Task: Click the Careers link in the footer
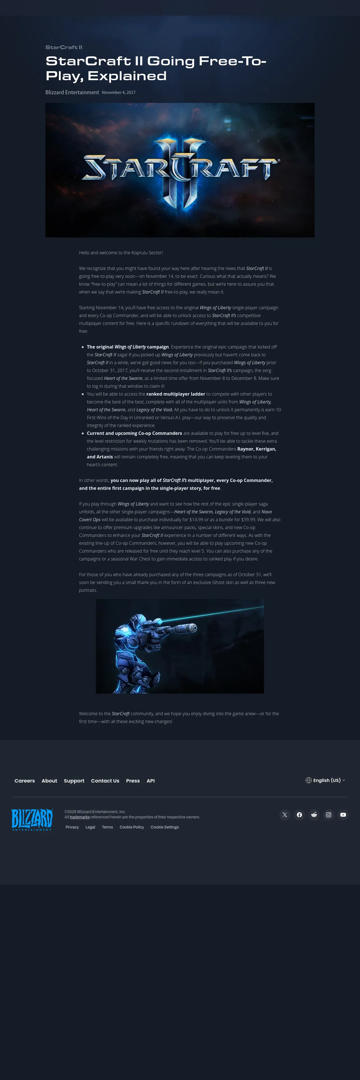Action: pos(25,781)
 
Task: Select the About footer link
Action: pos(49,781)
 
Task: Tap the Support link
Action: pos(74,781)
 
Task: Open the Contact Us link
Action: pos(105,781)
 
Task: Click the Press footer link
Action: pos(133,781)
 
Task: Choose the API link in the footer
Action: pos(151,781)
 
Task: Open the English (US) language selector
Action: pos(326,780)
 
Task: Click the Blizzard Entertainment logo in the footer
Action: pos(32,820)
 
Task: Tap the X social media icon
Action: pos(285,814)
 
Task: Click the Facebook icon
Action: pos(299,814)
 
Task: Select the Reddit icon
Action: pos(314,814)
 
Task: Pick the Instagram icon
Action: pos(329,814)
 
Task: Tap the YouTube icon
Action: pos(343,814)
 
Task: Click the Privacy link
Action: pos(72,827)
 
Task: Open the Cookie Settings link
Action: pos(165,827)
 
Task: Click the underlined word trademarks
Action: pos(80,817)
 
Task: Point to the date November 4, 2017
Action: pos(119,93)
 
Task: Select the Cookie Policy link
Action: pos(131,827)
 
